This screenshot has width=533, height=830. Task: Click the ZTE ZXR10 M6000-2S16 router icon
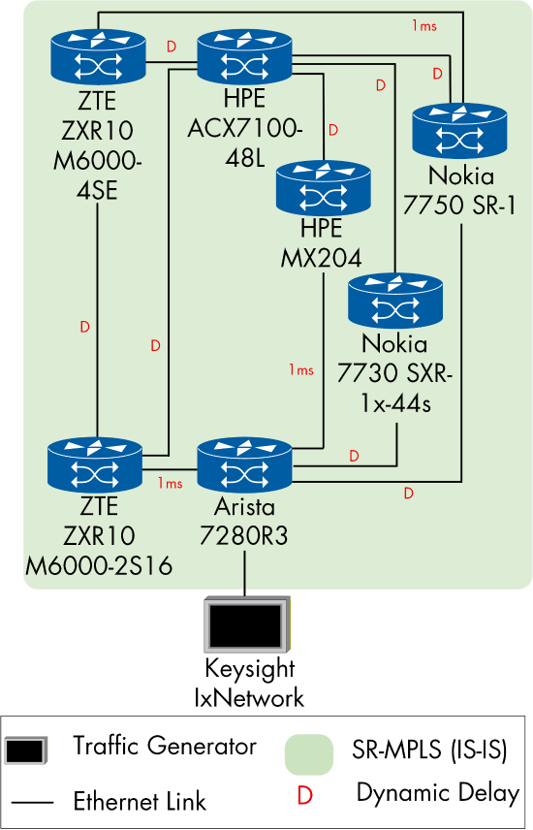[x=97, y=465]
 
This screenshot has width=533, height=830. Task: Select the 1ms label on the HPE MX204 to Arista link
[x=301, y=369]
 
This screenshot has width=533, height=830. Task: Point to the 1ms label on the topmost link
[x=423, y=26]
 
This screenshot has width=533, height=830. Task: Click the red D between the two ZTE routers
[x=84, y=328]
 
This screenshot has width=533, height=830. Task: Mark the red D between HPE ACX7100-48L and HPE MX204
[x=333, y=129]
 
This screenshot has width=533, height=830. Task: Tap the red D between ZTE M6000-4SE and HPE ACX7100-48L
[x=172, y=47]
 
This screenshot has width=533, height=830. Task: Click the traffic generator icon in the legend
[x=26, y=750]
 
